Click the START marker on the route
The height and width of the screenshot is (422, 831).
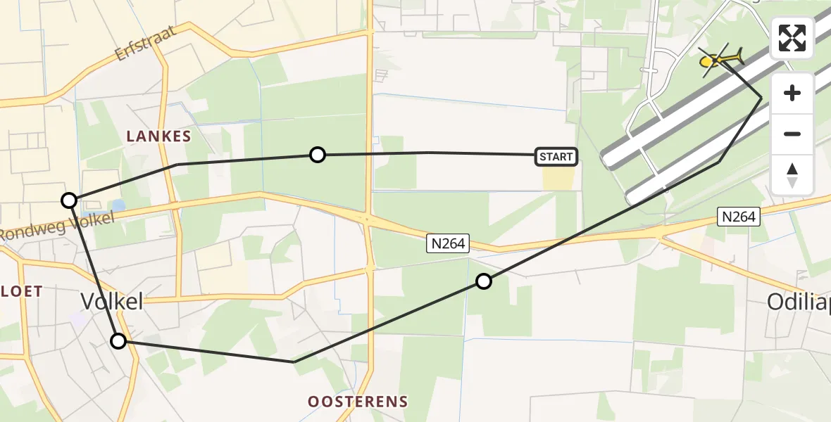556,157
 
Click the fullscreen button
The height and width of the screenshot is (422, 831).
792,38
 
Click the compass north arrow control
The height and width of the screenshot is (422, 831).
792,175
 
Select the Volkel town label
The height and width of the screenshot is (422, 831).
112,302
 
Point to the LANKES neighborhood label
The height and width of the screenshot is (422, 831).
158,136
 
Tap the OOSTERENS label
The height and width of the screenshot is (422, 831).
358,402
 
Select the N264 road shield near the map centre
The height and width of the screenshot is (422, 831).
449,243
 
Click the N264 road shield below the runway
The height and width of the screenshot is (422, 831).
739,217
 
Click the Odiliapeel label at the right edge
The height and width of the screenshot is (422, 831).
799,302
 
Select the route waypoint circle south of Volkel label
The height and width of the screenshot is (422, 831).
118,341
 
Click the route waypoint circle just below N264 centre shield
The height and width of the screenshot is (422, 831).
484,281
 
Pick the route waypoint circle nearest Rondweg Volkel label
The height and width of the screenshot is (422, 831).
69,200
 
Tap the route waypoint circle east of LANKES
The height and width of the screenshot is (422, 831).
318,155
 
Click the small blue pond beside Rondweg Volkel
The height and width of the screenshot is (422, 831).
116,205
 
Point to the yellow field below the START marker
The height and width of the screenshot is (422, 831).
558,179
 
